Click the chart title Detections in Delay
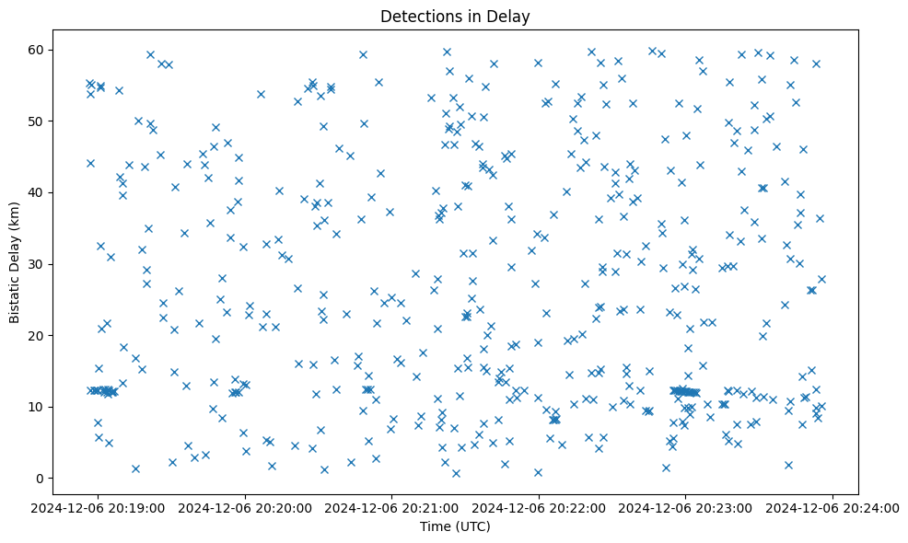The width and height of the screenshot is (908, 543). [455, 17]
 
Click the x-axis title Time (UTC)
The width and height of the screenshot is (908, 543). [455, 527]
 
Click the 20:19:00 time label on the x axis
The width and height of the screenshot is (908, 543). [99, 507]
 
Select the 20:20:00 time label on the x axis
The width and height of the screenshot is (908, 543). [246, 507]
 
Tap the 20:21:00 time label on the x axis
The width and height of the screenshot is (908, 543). [392, 507]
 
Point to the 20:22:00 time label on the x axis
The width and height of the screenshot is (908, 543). [539, 507]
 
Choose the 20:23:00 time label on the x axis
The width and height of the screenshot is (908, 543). [685, 507]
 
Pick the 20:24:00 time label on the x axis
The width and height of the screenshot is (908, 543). [832, 507]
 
